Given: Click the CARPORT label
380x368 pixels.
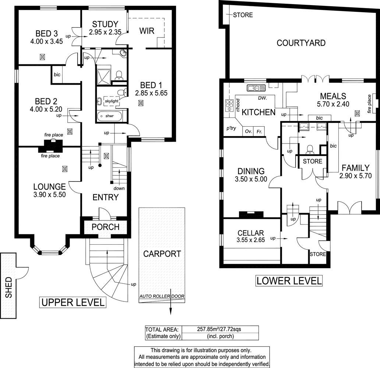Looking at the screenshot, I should tap(162, 254).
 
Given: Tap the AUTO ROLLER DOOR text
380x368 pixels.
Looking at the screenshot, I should tap(162, 296).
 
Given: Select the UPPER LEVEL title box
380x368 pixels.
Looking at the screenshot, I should tap(73, 302).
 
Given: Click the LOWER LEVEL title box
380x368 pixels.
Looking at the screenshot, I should tap(289, 281).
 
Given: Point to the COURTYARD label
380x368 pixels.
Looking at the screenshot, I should tap(301, 43).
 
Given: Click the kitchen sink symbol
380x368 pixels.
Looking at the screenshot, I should tap(257, 88).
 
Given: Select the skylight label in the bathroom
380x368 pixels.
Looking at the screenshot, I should tap(112, 101).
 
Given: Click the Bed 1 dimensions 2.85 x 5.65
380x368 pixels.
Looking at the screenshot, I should tap(151, 93).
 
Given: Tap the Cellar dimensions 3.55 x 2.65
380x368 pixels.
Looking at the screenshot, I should tap(250, 241).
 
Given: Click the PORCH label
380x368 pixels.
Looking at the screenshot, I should tap(105, 227).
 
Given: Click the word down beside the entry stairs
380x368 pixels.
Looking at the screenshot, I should tap(119, 188).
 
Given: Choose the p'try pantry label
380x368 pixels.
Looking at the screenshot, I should tap(231, 128).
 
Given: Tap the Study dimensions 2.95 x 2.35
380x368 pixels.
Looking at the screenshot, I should tap(105, 32).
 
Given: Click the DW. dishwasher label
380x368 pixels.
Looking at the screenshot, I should tap(263, 98).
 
